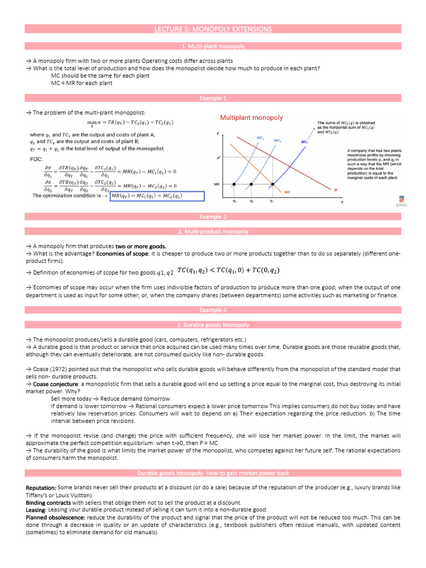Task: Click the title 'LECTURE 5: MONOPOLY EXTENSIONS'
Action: [x=213, y=29]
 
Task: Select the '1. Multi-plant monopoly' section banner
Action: [x=213, y=47]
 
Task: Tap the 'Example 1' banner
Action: [x=213, y=98]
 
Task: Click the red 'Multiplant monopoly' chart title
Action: [x=251, y=118]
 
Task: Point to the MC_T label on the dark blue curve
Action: [x=305, y=142]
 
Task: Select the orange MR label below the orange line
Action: [x=287, y=192]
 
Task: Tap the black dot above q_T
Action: [x=272, y=184]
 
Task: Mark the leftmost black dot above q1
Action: [x=234, y=184]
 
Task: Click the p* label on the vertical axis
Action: [x=219, y=158]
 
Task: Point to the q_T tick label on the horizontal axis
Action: [x=271, y=201]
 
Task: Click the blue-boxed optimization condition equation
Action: [x=158, y=195]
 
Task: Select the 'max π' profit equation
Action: [x=130, y=123]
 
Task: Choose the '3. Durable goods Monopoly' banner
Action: [x=213, y=325]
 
